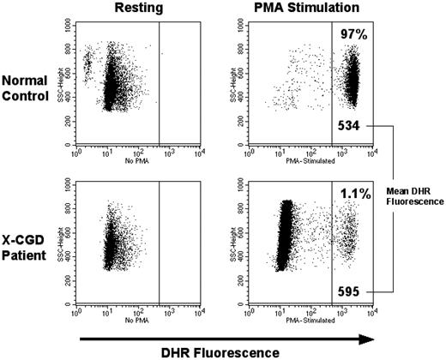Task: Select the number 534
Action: pyautogui.click(x=353, y=126)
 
